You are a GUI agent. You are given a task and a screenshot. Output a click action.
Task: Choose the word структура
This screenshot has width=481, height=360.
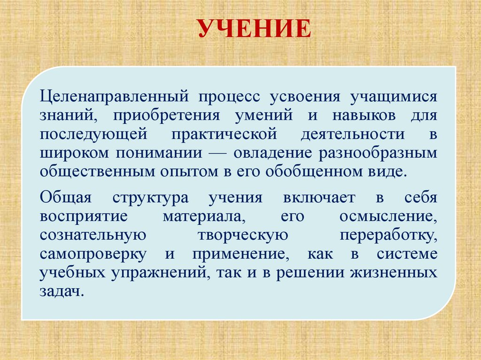pyautogui.click(x=150, y=198)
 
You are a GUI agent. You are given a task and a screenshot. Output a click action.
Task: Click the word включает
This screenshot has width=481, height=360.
pyautogui.click(x=319, y=198)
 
